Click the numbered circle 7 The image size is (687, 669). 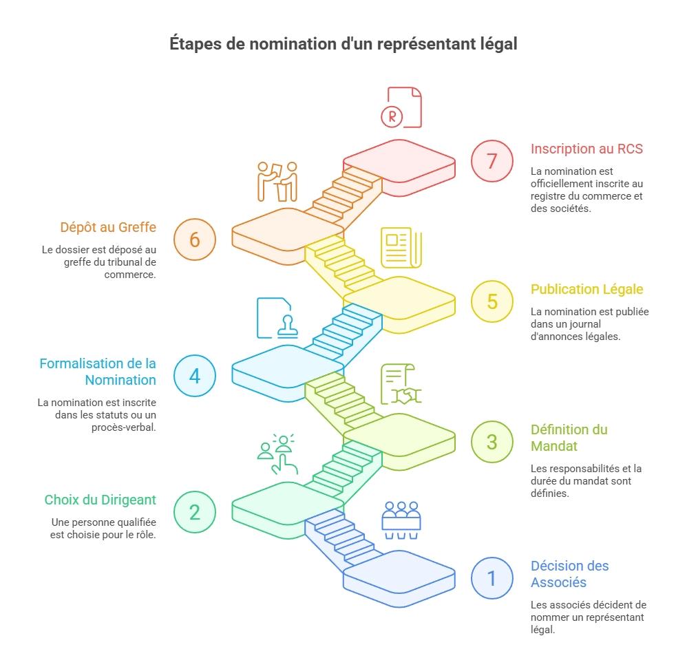(x=492, y=160)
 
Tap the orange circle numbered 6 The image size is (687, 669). (x=195, y=240)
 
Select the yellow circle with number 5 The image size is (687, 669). (x=492, y=301)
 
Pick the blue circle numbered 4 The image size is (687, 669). (x=195, y=376)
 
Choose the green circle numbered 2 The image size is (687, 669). (x=195, y=512)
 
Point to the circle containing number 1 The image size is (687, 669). (x=492, y=577)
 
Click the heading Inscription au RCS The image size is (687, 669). (x=586, y=149)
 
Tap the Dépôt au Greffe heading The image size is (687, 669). (x=107, y=227)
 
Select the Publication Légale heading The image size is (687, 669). (x=586, y=289)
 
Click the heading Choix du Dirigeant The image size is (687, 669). (x=101, y=500)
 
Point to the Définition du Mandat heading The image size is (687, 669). (x=569, y=437)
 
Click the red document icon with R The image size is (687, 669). (x=402, y=107)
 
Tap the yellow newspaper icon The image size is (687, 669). (x=401, y=247)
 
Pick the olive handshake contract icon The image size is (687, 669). (x=401, y=384)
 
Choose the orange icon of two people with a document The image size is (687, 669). (x=277, y=181)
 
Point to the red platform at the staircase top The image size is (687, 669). (x=399, y=164)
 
